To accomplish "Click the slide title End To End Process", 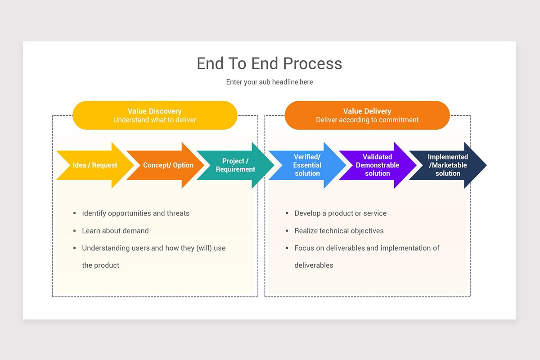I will coord(269,63).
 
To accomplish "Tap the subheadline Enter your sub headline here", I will coord(269,82).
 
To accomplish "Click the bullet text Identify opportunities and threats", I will coord(135,213).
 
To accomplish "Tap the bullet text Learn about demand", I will coord(115,231).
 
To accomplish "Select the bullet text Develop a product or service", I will coord(340,213).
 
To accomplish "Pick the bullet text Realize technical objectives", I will coord(339,231).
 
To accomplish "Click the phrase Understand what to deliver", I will coord(154,120).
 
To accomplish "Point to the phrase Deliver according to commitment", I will coord(367,120).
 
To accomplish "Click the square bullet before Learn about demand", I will coord(74,231).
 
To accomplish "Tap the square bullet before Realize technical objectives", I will coord(287,231).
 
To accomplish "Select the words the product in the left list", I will coord(100,265).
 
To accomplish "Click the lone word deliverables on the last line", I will coord(314,265).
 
